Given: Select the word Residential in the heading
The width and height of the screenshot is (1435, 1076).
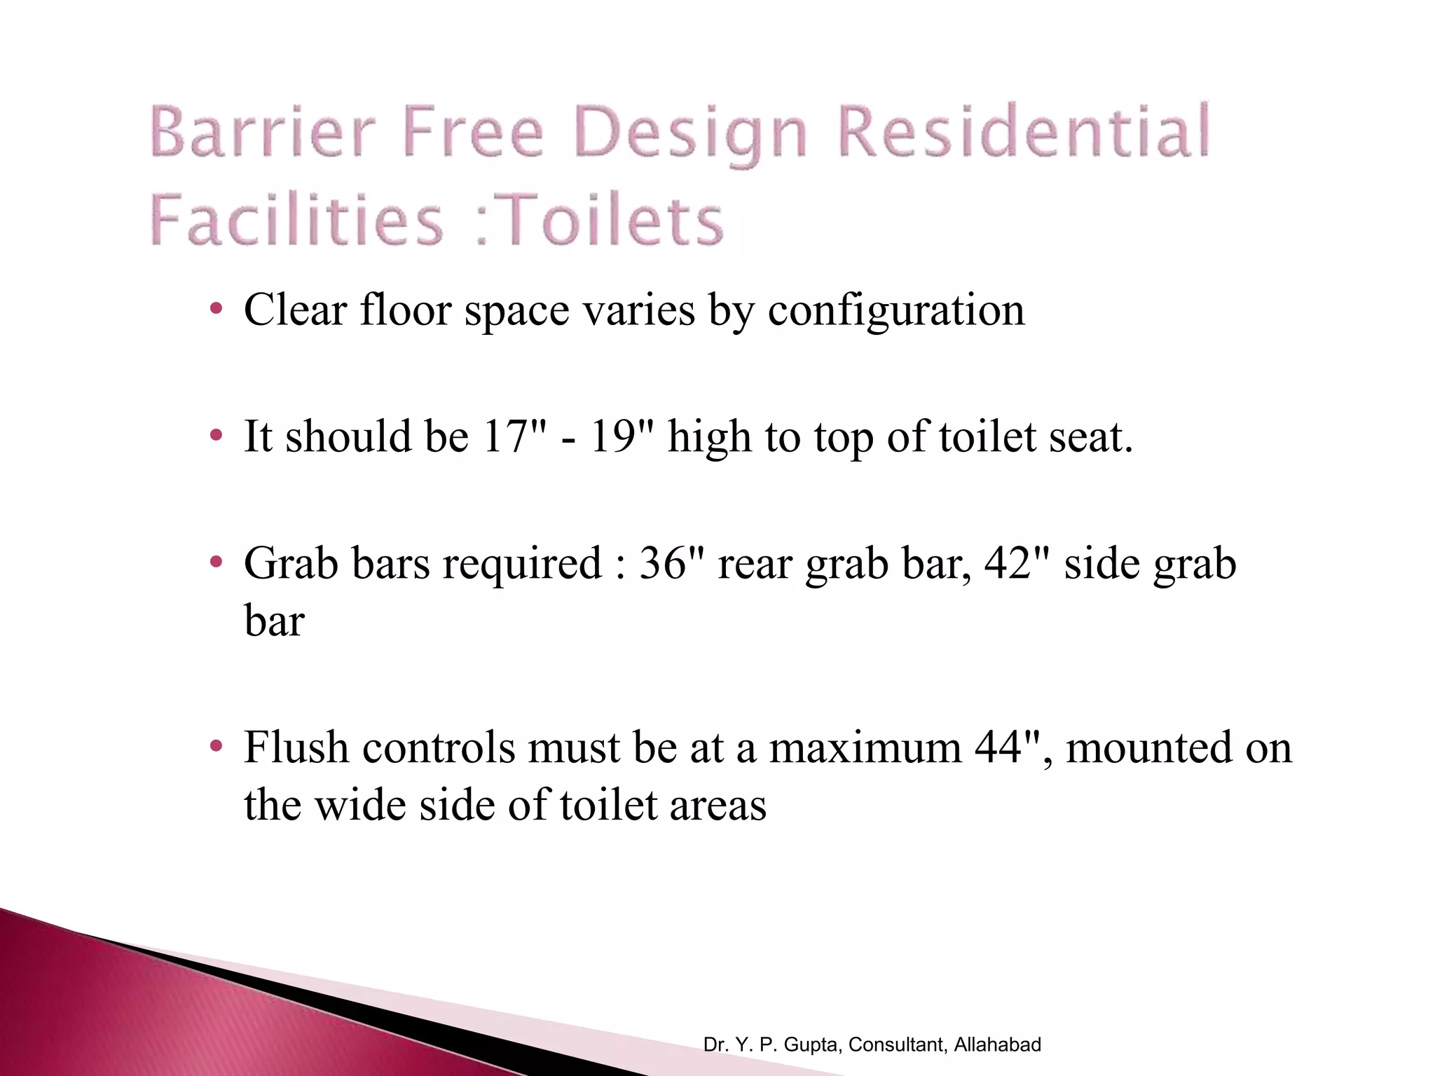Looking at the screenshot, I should [x=1024, y=131].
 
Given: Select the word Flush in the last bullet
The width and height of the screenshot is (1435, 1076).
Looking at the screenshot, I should [x=296, y=747].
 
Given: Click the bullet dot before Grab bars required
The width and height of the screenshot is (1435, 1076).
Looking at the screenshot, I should [x=217, y=562].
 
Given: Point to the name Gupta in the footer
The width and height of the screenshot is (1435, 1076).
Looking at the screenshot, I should [x=812, y=1044].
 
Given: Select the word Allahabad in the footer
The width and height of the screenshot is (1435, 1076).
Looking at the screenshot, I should [x=997, y=1044].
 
